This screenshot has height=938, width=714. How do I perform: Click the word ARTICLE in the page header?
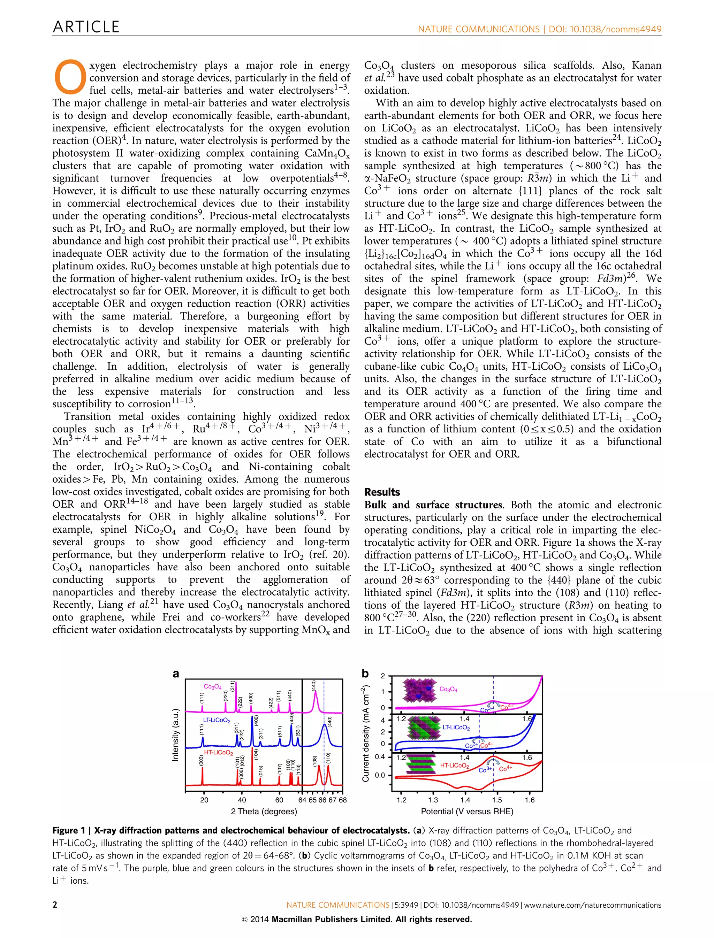(x=86, y=27)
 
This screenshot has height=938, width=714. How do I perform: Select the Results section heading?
(x=382, y=492)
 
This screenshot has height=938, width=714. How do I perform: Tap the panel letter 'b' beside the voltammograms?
(x=365, y=673)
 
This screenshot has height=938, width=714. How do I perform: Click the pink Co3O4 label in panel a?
(x=213, y=686)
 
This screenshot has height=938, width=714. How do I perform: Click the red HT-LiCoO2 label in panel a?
(x=219, y=752)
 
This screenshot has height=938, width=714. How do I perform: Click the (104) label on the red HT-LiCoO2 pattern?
(x=256, y=754)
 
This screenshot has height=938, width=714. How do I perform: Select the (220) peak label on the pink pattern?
(x=226, y=695)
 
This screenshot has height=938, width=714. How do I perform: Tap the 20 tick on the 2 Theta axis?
(x=204, y=800)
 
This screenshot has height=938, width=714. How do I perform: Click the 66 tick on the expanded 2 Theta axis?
(x=322, y=800)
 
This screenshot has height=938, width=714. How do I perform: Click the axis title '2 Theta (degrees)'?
(x=264, y=812)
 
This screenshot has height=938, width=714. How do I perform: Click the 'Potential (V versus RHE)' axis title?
(x=467, y=812)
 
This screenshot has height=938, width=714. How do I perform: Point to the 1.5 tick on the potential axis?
(x=497, y=800)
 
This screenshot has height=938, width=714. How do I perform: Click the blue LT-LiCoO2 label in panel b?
(x=456, y=727)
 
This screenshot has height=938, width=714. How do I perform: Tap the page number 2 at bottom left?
(x=55, y=905)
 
